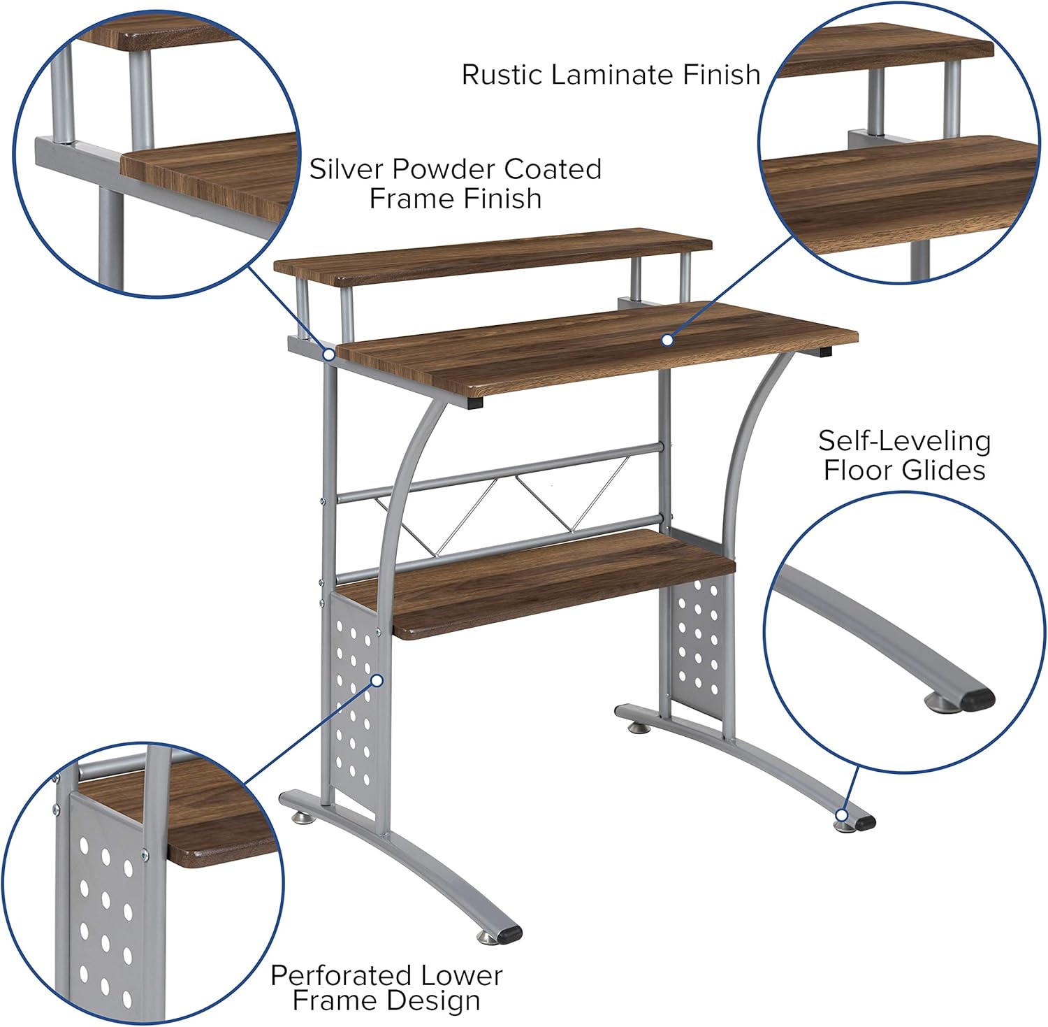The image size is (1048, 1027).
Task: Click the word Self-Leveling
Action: (x=904, y=441)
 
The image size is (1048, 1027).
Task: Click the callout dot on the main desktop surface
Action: (x=667, y=340)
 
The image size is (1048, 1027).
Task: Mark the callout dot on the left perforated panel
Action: (x=377, y=680)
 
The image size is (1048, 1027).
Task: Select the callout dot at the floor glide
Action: (x=842, y=815)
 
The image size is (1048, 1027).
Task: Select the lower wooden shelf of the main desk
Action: (x=538, y=584)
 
